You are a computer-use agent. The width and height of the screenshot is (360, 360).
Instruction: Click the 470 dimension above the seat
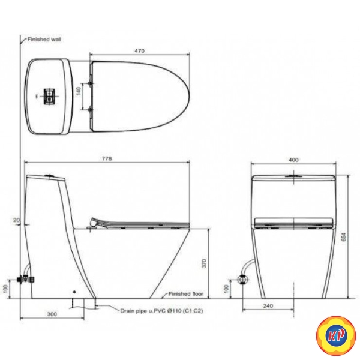(140, 50)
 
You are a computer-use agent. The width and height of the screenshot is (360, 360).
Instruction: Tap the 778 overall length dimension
(107, 158)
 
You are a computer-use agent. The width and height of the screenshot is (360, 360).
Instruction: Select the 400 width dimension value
(293, 160)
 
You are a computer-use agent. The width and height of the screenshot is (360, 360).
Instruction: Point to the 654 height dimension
(344, 237)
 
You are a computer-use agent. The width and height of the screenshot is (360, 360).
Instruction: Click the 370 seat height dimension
(204, 263)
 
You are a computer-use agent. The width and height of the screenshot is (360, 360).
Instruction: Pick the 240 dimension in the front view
(268, 306)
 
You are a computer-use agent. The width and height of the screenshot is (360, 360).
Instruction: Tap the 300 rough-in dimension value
(52, 314)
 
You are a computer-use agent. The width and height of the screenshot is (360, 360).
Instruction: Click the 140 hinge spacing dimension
(79, 91)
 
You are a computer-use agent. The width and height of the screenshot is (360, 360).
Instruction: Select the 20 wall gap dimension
(16, 220)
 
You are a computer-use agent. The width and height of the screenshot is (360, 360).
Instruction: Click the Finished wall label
(44, 39)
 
